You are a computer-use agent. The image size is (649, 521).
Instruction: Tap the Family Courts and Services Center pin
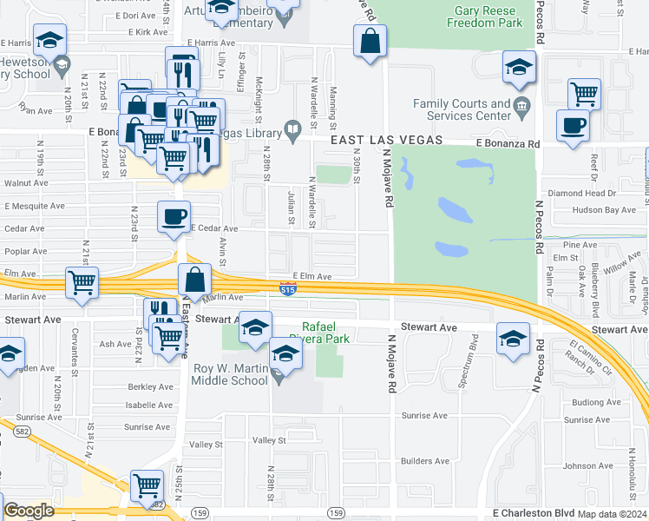click(x=521, y=109)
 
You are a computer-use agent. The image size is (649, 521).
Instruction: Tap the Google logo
click(x=29, y=511)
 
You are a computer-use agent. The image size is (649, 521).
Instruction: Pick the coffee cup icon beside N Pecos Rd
click(x=573, y=126)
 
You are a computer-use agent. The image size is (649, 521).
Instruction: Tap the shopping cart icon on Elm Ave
click(x=82, y=282)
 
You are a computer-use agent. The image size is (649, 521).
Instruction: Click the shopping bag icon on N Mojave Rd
click(x=370, y=41)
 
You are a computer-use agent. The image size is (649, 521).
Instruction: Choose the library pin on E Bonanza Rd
click(x=293, y=133)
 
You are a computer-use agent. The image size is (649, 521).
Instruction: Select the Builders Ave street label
click(x=424, y=461)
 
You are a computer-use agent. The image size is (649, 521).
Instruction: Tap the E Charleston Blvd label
click(x=528, y=513)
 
